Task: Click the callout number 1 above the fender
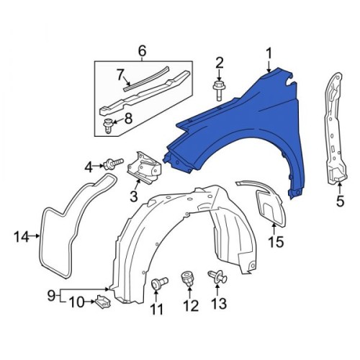coord(269,53)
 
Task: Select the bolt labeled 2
coord(218,91)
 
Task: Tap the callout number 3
coord(134,197)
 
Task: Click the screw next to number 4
coord(113,163)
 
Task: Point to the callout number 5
coord(340,201)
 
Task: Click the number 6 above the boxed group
coord(142,51)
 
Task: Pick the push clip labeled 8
coord(108,126)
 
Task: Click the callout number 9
coord(51,295)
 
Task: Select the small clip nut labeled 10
coord(104,302)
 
